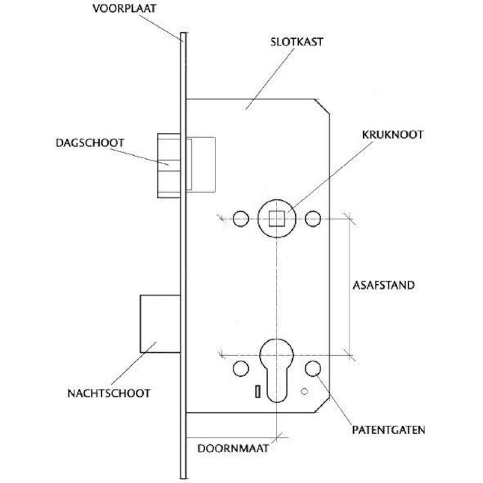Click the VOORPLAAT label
[124, 8]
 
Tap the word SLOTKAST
[296, 42]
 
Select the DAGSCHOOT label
[90, 143]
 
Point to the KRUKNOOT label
[392, 135]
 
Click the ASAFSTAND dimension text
[383, 285]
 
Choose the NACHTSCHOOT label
[109, 394]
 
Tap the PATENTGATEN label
[388, 430]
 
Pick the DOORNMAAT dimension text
[233, 449]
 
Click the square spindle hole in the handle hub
[277, 219]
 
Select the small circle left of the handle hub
[241, 219]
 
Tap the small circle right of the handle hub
[313, 219]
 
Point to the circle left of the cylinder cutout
[241, 369]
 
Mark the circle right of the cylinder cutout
[313, 369]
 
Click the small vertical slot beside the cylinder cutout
[258, 391]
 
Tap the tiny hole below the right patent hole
[304, 391]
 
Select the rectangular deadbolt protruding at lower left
[160, 324]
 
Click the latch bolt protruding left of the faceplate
[169, 165]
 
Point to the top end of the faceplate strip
[183, 33]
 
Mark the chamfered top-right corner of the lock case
[322, 107]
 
